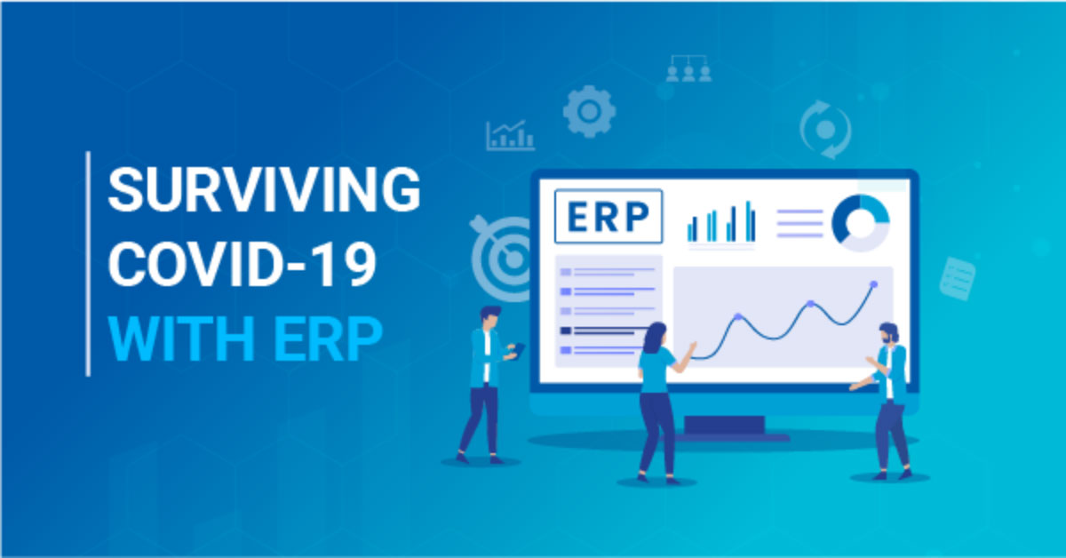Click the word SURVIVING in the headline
coord(264,189)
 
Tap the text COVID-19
coord(243,264)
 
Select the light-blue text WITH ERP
coord(245,339)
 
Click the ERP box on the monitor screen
coord(609,217)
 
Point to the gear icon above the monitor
coord(589,111)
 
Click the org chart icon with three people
coord(688,68)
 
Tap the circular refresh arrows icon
coord(825,129)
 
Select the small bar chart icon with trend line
coord(510,135)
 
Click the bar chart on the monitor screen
coord(721,222)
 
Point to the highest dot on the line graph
coord(874,284)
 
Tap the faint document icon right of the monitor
coord(958,279)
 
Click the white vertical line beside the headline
coord(88,264)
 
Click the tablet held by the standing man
coord(519,350)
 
